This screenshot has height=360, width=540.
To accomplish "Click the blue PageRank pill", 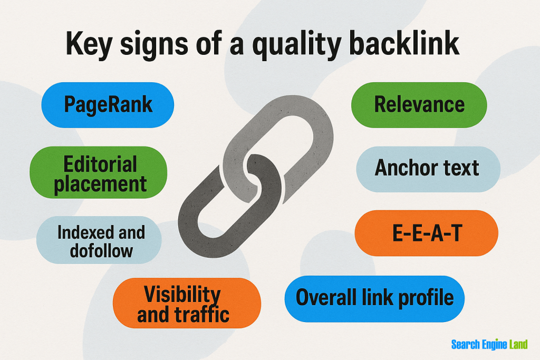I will coord(108,105).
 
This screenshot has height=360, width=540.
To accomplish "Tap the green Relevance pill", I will coord(419,105).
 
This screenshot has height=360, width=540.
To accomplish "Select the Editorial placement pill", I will coord(98,173).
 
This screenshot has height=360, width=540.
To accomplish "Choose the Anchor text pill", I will coord(427,169).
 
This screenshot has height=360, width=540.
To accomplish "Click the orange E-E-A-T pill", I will coord(426,233).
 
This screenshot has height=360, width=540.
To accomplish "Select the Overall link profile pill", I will coord(374,298).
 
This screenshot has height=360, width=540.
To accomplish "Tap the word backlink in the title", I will coord(406,44).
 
